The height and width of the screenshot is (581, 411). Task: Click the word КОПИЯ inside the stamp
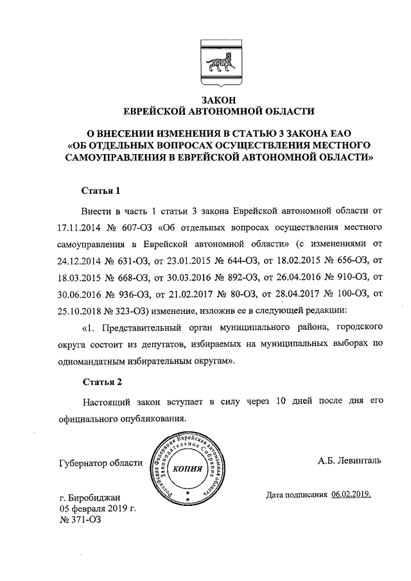[187, 469]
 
